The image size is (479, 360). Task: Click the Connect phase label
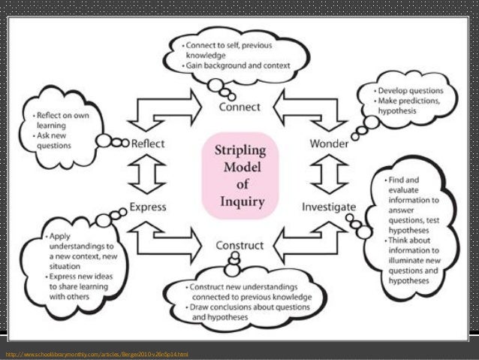pyautogui.click(x=239, y=107)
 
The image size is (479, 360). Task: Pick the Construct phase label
pyautogui.click(x=239, y=245)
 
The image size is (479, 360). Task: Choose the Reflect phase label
pyautogui.click(x=149, y=143)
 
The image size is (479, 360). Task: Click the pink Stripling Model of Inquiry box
pyautogui.click(x=239, y=175)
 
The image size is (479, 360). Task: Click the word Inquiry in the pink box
pyautogui.click(x=239, y=201)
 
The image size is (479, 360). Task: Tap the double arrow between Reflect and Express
pyautogui.click(x=148, y=174)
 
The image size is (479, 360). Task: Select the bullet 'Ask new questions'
pyautogui.click(x=57, y=141)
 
